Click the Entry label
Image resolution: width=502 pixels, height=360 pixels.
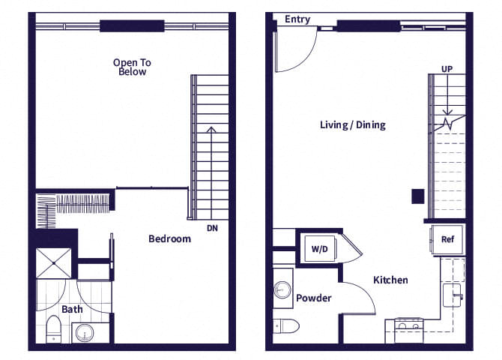pyautogui.click(x=297, y=19)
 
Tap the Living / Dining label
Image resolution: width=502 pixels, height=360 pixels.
pyautogui.click(x=352, y=124)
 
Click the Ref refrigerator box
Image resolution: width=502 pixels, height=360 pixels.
pyautogui.click(x=447, y=240)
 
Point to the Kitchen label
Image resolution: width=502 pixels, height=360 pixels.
pyautogui.click(x=390, y=280)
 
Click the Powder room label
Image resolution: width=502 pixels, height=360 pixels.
pyautogui.click(x=313, y=298)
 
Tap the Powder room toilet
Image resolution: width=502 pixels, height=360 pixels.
pyautogui.click(x=286, y=325)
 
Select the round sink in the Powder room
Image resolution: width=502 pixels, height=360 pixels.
pyautogui.click(x=282, y=289)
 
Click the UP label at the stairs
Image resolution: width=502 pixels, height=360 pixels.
pyautogui.click(x=447, y=69)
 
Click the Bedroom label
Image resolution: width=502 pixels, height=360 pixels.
pyautogui.click(x=169, y=238)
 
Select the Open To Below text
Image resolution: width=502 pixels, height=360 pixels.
pyautogui.click(x=131, y=67)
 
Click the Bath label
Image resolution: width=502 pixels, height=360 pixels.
pyautogui.click(x=72, y=308)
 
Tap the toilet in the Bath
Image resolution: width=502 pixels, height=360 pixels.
pyautogui.click(x=53, y=328)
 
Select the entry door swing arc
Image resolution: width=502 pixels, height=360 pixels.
pyautogui.click(x=294, y=52)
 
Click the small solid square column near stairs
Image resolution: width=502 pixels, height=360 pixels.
pyautogui.click(x=417, y=196)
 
